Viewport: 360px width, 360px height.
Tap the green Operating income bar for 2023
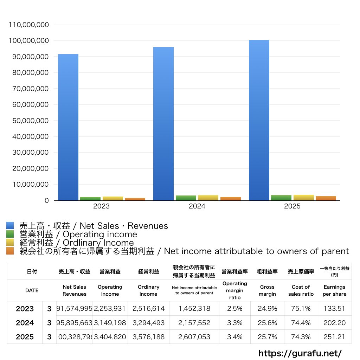tap(90, 199)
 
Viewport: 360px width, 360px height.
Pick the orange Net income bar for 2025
tap(326, 198)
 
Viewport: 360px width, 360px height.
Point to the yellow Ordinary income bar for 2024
tap(208, 198)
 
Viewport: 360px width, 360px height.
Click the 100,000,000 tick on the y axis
tap(28, 41)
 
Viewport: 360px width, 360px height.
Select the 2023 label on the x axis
tap(101, 206)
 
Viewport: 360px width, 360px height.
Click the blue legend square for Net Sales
tap(10, 226)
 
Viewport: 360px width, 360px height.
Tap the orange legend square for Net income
tap(10, 251)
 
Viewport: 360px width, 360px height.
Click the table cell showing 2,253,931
tap(110, 309)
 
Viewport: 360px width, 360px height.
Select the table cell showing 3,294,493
tap(148, 323)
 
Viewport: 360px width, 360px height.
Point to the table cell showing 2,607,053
tap(194, 337)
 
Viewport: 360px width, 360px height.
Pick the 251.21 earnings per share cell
tap(334, 337)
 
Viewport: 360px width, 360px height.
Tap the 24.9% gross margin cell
tap(268, 309)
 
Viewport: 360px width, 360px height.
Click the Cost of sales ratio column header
tap(301, 290)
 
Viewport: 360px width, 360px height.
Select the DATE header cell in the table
tap(32, 290)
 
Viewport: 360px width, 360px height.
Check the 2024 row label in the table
tap(25, 323)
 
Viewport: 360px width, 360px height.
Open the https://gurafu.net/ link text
tap(300, 353)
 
